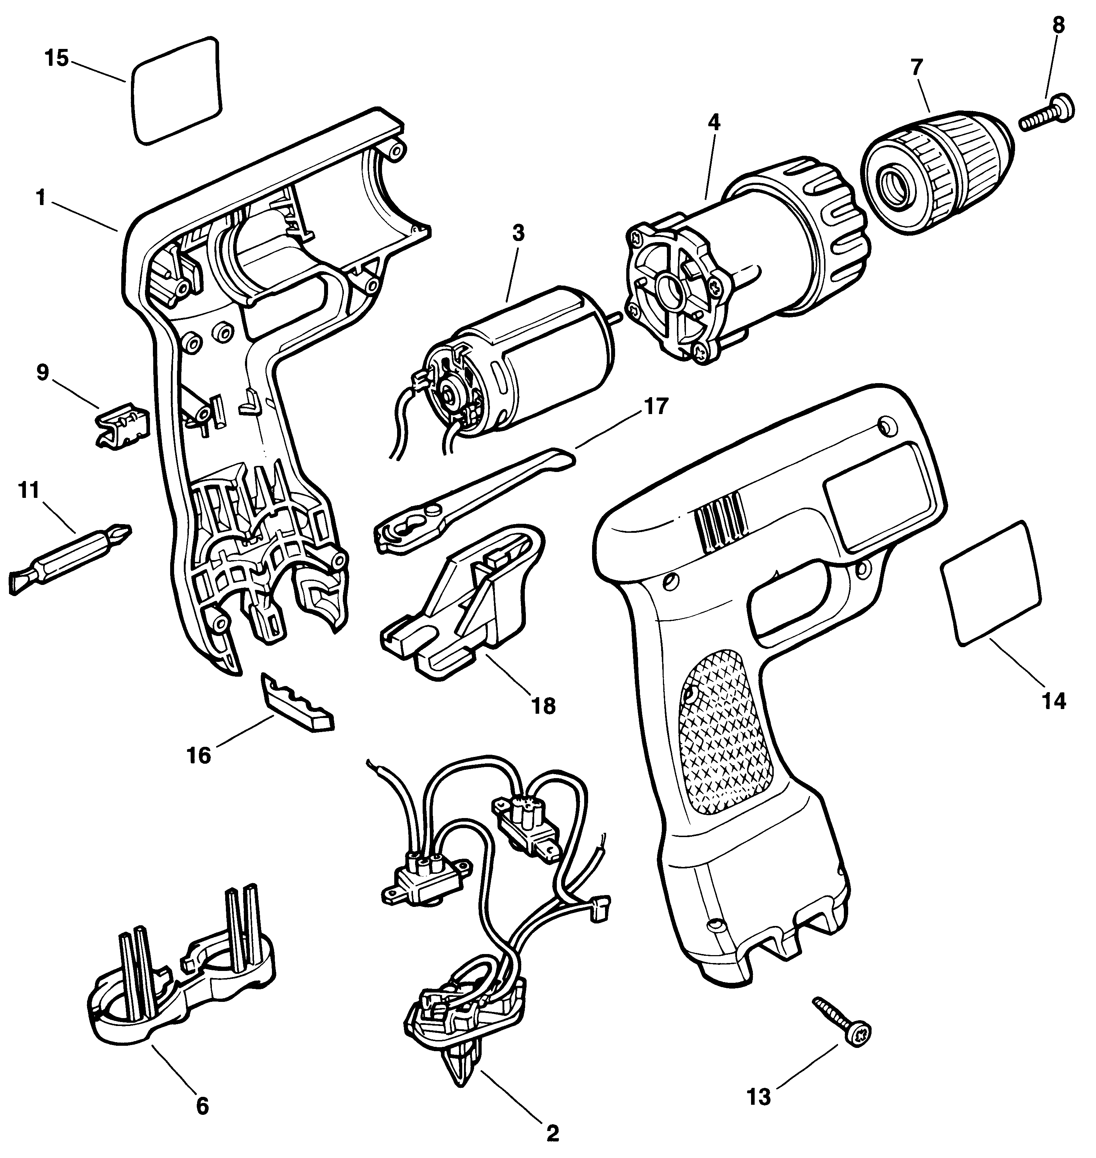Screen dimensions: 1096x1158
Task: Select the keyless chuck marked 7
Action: tap(937, 169)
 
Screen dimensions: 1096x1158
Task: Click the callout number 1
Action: tap(40, 199)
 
